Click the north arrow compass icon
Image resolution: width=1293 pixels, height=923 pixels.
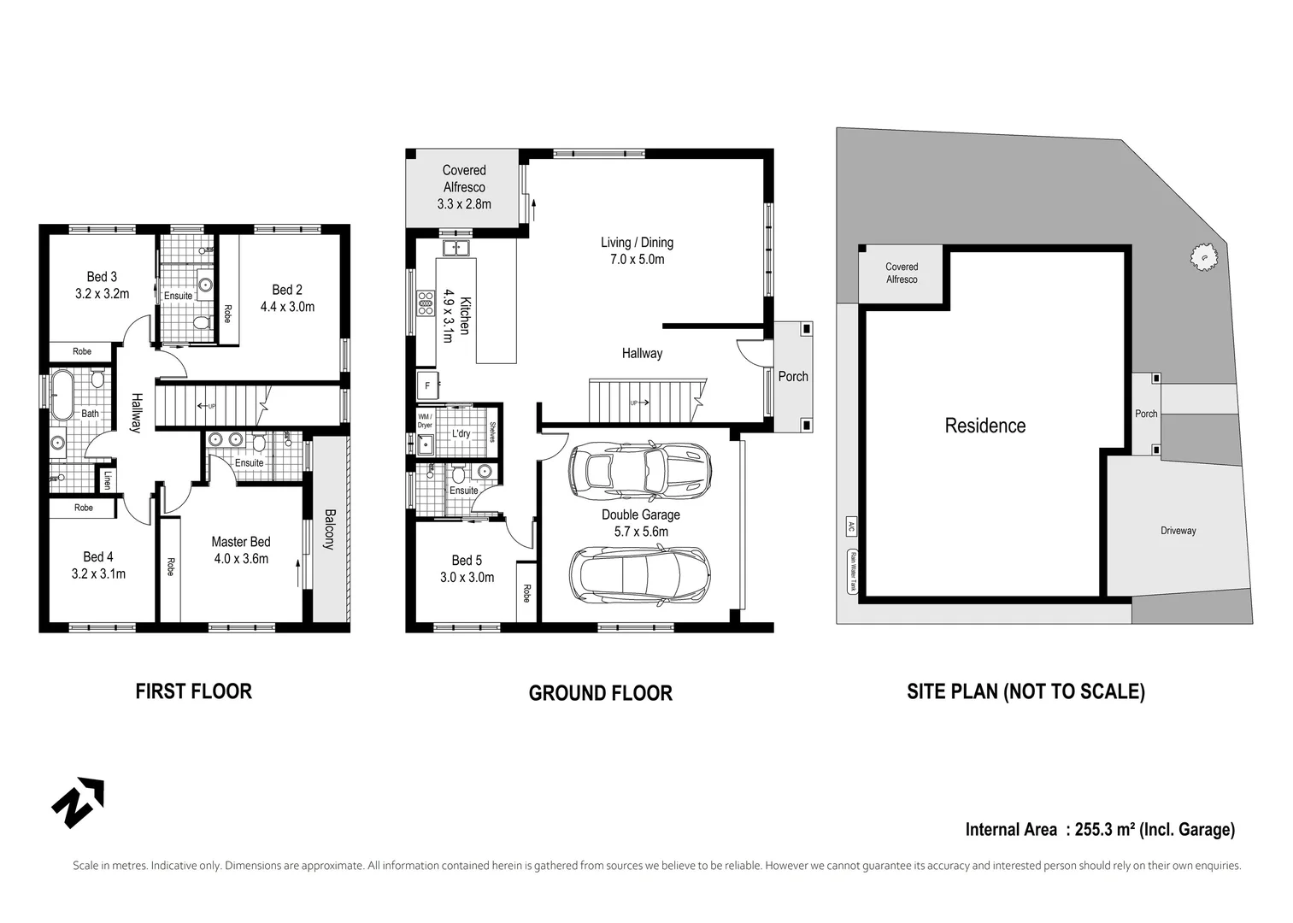coord(78,802)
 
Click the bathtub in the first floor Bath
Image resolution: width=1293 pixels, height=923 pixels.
coord(62,394)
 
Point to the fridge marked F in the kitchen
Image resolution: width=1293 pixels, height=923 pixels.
coord(427,385)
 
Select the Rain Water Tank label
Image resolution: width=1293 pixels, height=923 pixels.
coord(852,572)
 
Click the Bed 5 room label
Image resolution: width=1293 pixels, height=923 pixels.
coord(467,561)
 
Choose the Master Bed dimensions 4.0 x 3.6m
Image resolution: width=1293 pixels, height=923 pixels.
coord(240,559)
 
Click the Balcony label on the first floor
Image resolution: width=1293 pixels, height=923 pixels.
coord(329,530)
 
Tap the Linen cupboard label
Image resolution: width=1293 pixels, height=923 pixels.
coord(107,480)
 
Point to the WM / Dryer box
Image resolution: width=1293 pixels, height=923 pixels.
coord(425,420)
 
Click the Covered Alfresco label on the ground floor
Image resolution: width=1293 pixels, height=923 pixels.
coord(463,179)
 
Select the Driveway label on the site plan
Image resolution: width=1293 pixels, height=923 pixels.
coord(1178,531)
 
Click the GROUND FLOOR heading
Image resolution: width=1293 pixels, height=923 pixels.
coord(600,693)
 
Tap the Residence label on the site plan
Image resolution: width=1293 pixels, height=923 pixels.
coord(984,426)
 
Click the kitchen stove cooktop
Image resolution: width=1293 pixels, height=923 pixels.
coord(425,303)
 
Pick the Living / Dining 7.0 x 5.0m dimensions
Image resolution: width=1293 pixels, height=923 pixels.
coord(637,260)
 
